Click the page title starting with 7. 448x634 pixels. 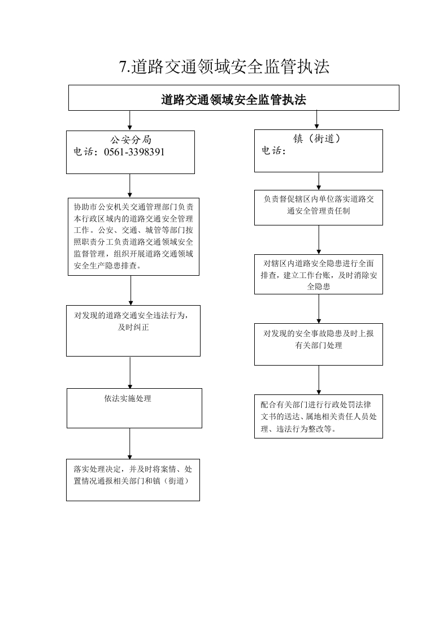tap(224, 67)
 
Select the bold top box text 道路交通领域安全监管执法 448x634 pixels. tap(233, 99)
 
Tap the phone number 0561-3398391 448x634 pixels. tap(134, 152)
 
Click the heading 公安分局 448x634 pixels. tap(131, 140)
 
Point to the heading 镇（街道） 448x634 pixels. tap(318, 138)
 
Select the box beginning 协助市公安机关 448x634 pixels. tap(133, 237)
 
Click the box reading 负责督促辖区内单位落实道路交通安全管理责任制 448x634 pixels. tap(319, 207)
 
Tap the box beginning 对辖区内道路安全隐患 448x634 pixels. tap(319, 274)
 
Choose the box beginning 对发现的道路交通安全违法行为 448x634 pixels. tap(133, 331)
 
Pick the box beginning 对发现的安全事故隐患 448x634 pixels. tap(319, 344)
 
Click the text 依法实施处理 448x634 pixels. tap(128, 399)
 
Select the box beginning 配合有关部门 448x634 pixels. tap(319, 416)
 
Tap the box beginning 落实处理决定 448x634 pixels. tap(133, 480)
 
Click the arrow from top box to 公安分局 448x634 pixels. tap(130, 120)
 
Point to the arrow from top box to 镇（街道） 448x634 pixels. tap(316, 120)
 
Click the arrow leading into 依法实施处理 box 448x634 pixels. tap(130, 372)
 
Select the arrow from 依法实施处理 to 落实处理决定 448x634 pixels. tap(130, 444)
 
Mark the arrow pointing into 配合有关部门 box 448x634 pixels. tap(319, 380)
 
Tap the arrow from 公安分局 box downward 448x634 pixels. tap(130, 186)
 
